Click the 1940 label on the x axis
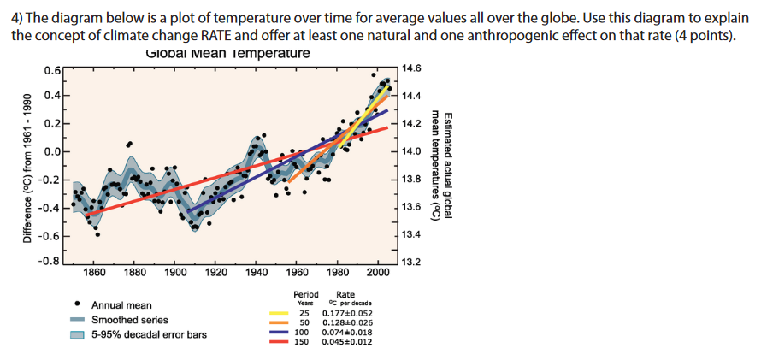pyautogui.click(x=256, y=273)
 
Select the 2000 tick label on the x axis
pyautogui.click(x=377, y=273)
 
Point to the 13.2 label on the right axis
pyautogui.click(x=412, y=262)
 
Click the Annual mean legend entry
pyautogui.click(x=121, y=304)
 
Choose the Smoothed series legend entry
pyautogui.click(x=130, y=319)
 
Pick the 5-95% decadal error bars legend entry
pyautogui.click(x=149, y=334)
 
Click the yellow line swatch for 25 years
pyautogui.click(x=278, y=314)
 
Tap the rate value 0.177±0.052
pyautogui.click(x=347, y=314)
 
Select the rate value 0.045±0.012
pyautogui.click(x=347, y=342)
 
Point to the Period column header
pyautogui.click(x=306, y=295)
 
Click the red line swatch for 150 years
pyautogui.click(x=278, y=342)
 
